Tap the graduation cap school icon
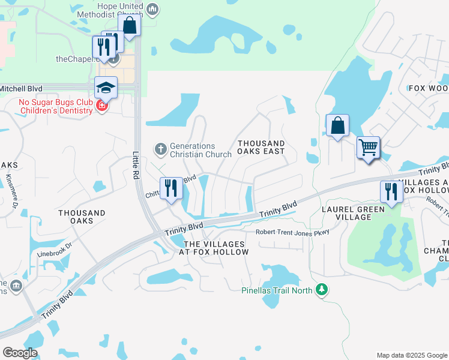(x=106, y=88)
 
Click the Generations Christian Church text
(x=200, y=150)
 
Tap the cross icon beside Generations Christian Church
(x=160, y=148)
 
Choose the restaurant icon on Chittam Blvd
(x=171, y=188)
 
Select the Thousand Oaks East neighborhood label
(x=261, y=148)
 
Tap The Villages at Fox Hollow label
(x=215, y=248)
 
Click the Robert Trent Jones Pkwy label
(x=285, y=232)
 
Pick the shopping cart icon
(x=368, y=146)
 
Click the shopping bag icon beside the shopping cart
(x=337, y=126)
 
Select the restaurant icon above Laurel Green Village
(x=391, y=192)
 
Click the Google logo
(x=20, y=353)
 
